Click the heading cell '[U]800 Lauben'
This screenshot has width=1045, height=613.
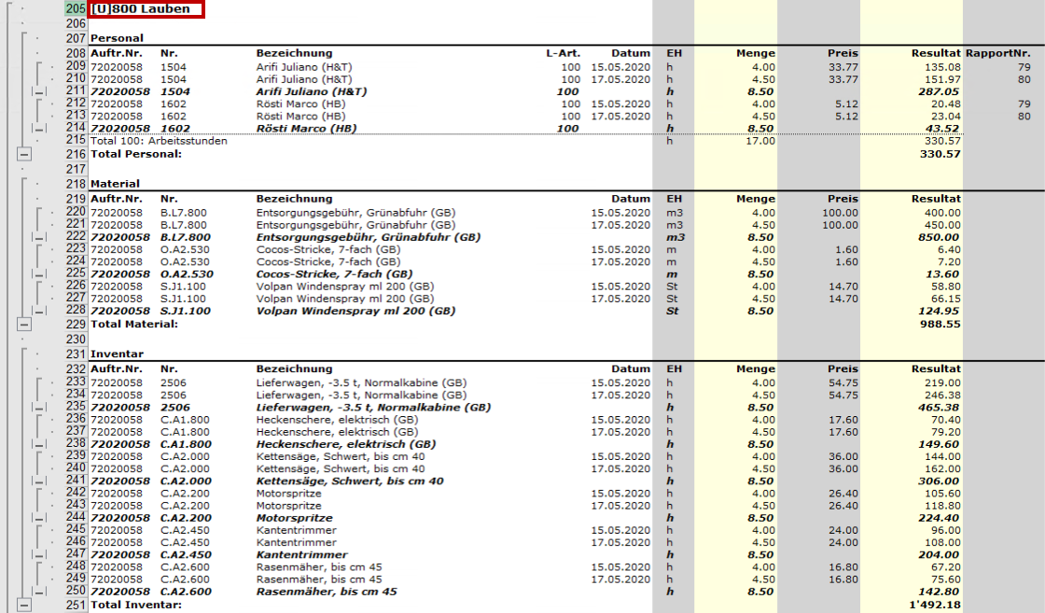coord(145,9)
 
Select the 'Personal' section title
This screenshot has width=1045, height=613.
coord(117,38)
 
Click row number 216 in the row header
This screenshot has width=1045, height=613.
coord(76,153)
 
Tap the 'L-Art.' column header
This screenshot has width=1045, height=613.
coord(563,53)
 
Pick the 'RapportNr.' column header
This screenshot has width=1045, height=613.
coord(997,53)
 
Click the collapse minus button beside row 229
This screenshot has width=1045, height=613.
coord(23,324)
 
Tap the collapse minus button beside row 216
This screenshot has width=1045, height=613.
coord(23,154)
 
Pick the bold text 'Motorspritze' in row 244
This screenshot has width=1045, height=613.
coord(294,518)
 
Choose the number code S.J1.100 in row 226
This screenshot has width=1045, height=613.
coord(185,286)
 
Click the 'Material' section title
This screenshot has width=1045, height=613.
coord(115,185)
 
